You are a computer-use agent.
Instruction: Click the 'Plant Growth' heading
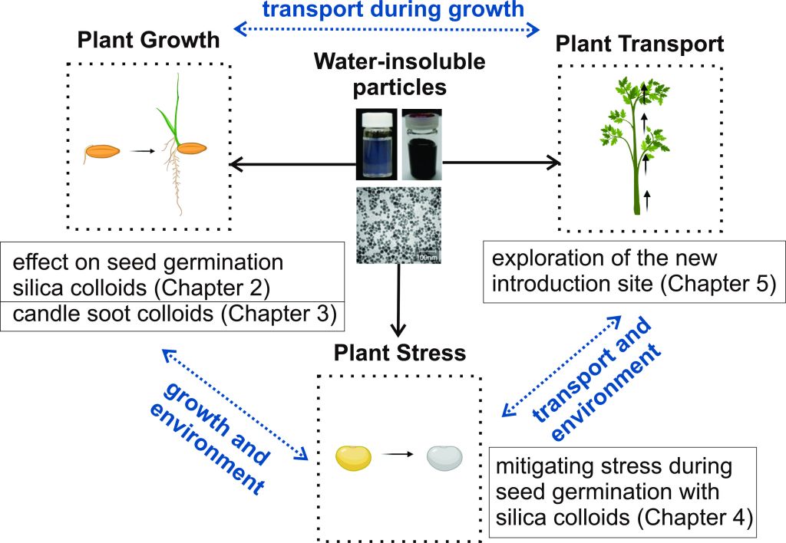(148, 40)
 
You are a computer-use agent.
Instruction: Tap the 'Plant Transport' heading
(639, 44)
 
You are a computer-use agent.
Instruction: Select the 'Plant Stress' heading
(399, 353)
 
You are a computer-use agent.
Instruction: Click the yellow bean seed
(354, 458)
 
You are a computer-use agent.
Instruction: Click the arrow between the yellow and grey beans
(398, 454)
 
